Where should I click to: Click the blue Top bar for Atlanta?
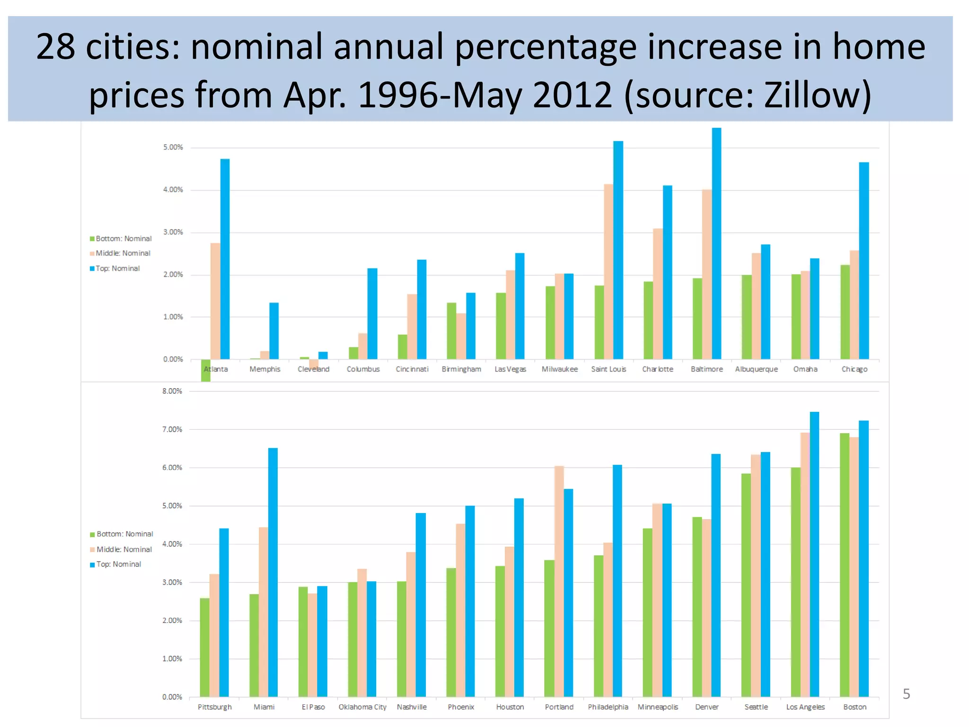click(225, 260)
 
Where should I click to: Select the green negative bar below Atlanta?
click(206, 371)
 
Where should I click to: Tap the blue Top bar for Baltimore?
click(716, 244)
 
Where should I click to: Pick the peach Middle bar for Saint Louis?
click(608, 272)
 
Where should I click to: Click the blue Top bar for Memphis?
click(274, 331)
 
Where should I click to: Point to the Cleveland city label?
click(313, 369)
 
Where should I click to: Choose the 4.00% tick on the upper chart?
click(173, 190)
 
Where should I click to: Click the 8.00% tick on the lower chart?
click(172, 391)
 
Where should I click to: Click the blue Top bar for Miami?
click(273, 573)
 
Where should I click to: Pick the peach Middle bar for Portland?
click(559, 582)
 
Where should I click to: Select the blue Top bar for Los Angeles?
click(814, 554)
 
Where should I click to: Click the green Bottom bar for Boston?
click(845, 566)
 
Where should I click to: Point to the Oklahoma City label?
click(362, 707)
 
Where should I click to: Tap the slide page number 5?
click(906, 694)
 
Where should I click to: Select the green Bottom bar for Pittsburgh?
click(204, 648)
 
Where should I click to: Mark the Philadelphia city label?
click(608, 707)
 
